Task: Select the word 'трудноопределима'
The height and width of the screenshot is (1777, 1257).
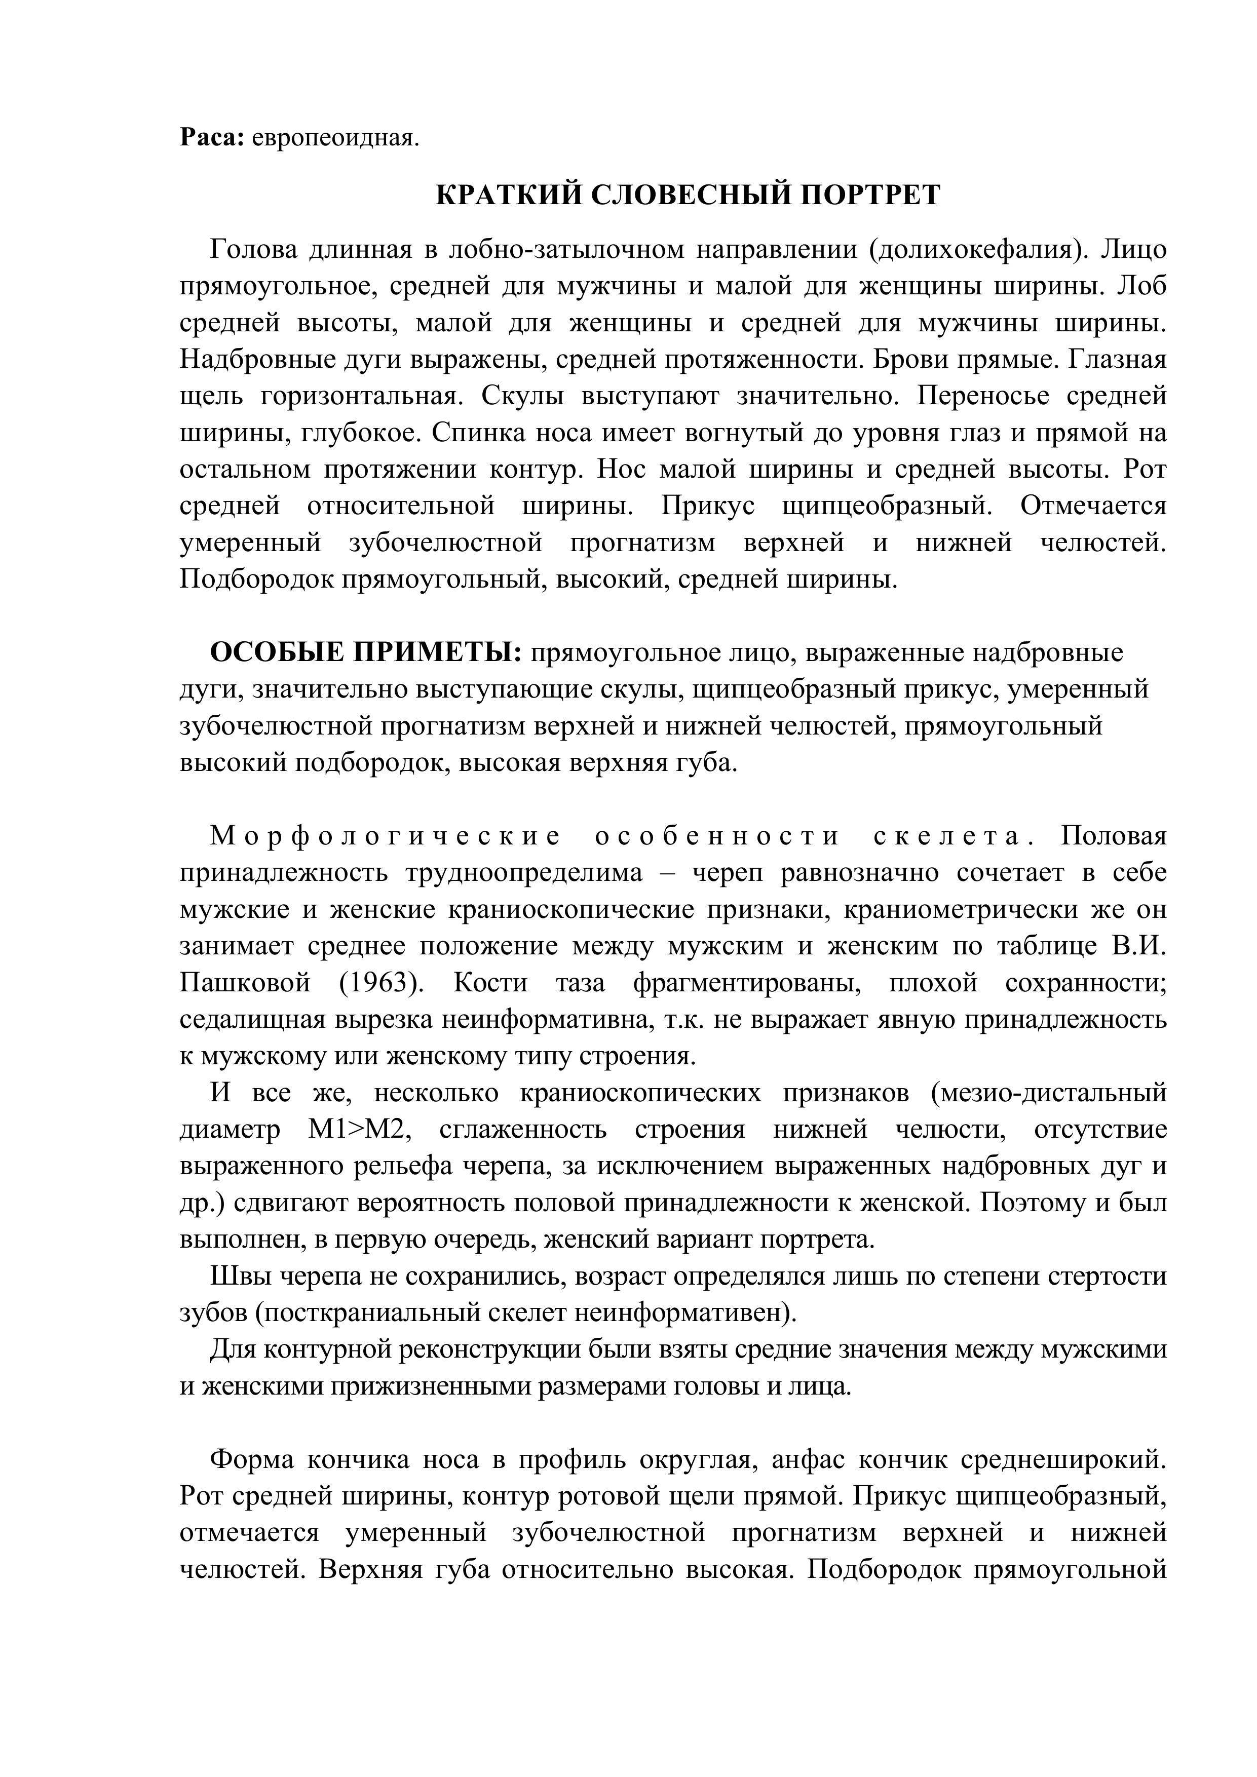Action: point(524,873)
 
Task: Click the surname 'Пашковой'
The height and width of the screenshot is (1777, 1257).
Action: point(245,983)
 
